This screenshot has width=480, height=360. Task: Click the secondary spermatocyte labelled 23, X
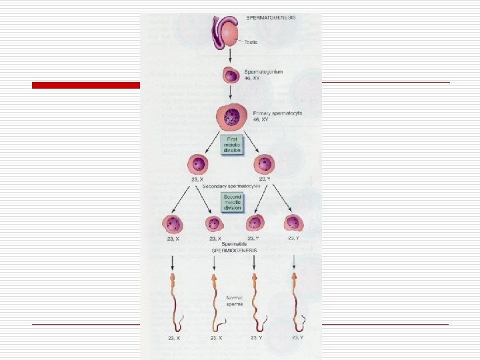[x=199, y=164]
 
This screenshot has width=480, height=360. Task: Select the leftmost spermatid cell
[x=173, y=223]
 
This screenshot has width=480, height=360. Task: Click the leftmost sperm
[x=175, y=300]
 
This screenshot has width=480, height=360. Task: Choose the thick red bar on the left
[x=86, y=85]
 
